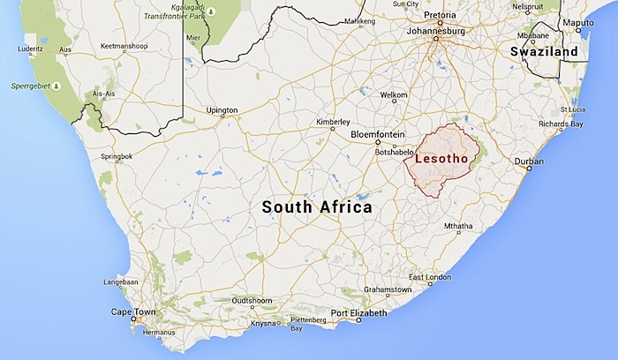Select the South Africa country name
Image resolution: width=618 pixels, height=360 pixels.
317,206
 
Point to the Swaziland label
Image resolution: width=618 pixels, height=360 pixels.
544,52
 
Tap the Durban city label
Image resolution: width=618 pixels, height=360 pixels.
530,162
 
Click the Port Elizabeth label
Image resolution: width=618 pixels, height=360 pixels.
358,313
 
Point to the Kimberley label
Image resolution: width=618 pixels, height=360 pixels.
335,121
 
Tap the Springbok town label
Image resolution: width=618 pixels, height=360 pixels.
116,156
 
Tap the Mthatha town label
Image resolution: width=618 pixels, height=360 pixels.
459,227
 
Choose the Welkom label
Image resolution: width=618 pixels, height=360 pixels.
393,94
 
